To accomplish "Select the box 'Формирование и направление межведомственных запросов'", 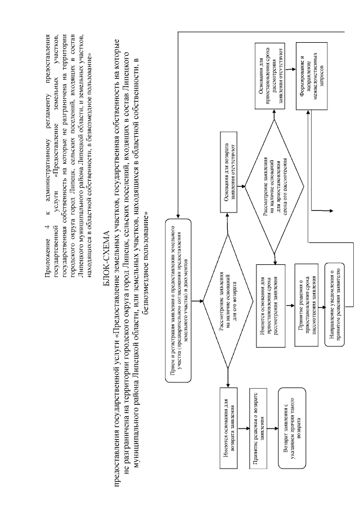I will click(308, 79).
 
